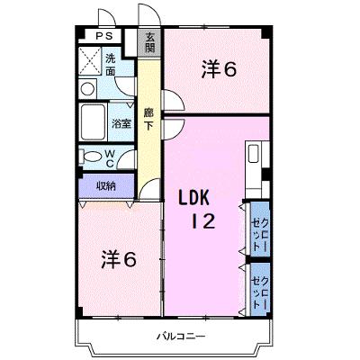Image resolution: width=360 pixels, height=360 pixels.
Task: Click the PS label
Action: tap(104, 36)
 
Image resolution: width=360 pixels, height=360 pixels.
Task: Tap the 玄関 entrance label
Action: tap(150, 42)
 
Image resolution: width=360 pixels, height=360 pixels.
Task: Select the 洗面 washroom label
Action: tap(110, 65)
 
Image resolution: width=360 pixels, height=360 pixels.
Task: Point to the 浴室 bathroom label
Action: tap(121, 123)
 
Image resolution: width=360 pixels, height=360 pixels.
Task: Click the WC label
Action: tap(110, 158)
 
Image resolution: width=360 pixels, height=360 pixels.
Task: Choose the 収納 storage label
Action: tap(106, 186)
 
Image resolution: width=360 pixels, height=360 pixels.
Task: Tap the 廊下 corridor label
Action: tap(148, 119)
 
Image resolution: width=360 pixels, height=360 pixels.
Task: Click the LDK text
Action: tap(193, 198)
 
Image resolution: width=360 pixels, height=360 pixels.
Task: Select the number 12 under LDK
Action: tap(203, 221)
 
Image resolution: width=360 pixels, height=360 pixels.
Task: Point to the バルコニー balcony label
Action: tap(181, 336)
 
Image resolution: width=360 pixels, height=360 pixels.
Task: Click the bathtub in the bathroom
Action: tap(93, 122)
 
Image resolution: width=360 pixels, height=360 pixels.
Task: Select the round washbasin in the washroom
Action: tap(88, 89)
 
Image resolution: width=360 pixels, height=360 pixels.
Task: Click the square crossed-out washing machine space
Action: tap(90, 61)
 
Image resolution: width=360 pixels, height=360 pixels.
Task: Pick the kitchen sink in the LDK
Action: tap(254, 154)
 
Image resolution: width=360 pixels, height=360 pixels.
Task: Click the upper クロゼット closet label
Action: tap(260, 234)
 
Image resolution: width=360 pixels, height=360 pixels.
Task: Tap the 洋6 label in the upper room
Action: tap(220, 69)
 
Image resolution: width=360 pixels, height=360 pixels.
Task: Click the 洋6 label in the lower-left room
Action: tap(119, 259)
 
